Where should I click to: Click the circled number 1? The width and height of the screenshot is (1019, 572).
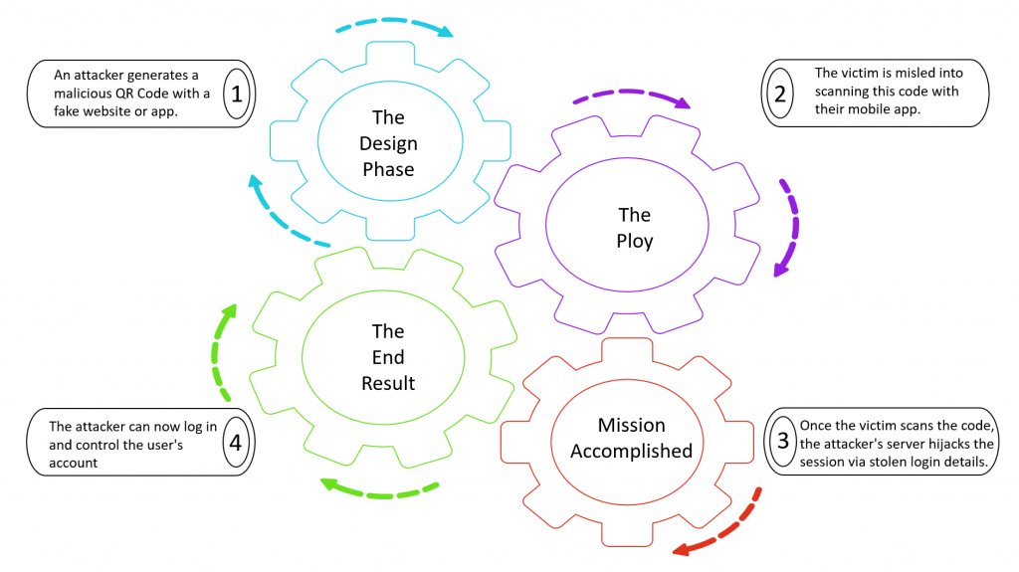tap(236, 95)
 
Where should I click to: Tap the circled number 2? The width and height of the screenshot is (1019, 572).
tap(779, 95)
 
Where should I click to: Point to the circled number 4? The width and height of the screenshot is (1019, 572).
tap(236, 441)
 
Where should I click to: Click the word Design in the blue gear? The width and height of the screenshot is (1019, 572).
tap(388, 143)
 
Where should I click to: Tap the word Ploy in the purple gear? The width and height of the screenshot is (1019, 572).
tap(635, 241)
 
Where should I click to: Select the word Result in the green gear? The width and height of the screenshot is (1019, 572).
tap(388, 382)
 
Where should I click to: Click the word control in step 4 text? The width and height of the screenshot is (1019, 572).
tap(92, 445)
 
